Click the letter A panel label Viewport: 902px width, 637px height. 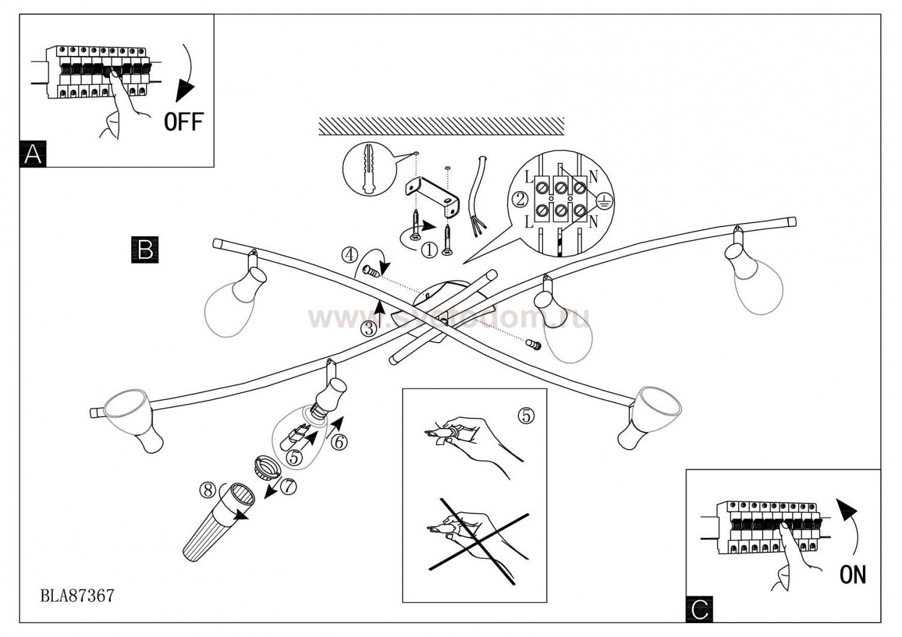click(33, 154)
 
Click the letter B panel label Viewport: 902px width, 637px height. click(145, 249)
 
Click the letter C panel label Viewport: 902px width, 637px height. click(699, 609)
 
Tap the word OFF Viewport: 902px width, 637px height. click(184, 122)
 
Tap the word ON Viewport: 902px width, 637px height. click(853, 575)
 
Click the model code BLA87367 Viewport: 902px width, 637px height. click(76, 596)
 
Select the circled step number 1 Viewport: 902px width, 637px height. click(429, 250)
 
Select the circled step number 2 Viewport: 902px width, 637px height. click(518, 198)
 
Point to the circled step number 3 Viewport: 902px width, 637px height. click(369, 329)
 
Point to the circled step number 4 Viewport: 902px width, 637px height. click(350, 255)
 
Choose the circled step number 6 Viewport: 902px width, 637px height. click(339, 442)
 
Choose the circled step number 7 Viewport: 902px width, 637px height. click(289, 487)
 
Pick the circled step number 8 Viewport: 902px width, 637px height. click(208, 490)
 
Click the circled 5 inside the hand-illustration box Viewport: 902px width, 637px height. click(526, 415)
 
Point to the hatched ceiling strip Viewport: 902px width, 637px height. click(440, 126)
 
